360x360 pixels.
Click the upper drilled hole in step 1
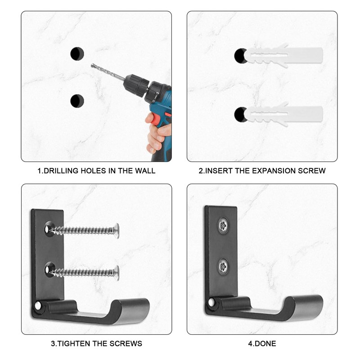tap(77, 54)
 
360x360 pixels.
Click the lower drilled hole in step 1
tap(77, 100)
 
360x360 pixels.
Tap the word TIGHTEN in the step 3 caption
tap(72, 343)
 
